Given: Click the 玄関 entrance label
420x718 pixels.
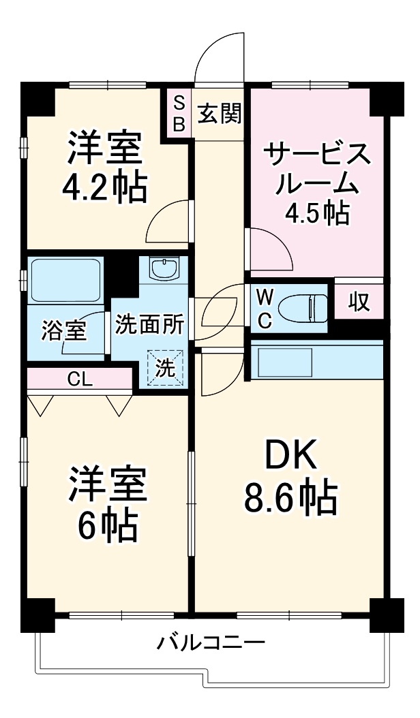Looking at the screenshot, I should [220, 114].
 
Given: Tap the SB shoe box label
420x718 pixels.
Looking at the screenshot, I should [179, 114].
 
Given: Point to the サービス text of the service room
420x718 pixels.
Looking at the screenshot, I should [318, 155].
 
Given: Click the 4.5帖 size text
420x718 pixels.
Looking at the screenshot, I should [317, 214].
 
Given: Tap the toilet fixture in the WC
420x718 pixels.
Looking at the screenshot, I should [307, 307].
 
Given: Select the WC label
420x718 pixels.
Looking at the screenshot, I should [266, 308].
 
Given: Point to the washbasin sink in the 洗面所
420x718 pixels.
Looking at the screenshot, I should [164, 268].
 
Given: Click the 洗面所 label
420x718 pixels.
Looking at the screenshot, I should [149, 324].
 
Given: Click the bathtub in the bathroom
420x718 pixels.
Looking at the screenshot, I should [65, 281].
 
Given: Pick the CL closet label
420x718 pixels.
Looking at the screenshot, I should [80, 379].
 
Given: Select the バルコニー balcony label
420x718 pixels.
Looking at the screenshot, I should [211, 642].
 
